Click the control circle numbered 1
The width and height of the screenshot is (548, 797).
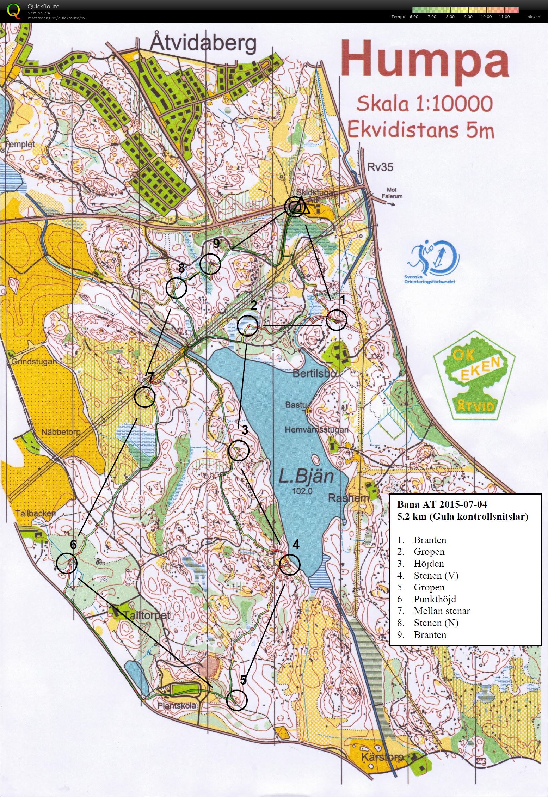336,320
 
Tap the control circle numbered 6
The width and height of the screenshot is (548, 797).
67,563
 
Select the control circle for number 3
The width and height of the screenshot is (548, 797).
239,450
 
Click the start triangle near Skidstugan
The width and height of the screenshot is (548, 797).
302,207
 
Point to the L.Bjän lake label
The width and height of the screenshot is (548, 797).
306,477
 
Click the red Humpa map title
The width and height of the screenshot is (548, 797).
425,61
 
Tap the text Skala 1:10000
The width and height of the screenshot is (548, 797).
424,104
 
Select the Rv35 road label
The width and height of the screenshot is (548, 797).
380,167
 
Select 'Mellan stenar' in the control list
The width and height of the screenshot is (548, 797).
442,611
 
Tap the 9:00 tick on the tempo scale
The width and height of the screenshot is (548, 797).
468,17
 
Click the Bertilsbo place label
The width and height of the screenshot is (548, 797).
315,373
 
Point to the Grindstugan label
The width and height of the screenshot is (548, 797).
34,362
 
